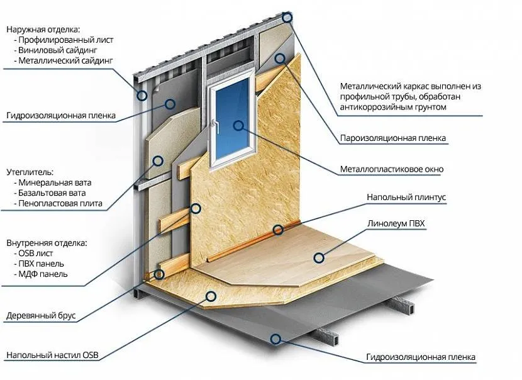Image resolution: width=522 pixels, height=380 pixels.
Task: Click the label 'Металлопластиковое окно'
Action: pyautogui.click(x=391, y=169)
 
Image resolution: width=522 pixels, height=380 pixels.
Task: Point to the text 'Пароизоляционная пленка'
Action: pyautogui.click(x=393, y=138)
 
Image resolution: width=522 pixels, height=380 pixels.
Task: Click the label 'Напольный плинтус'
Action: pyautogui.click(x=406, y=198)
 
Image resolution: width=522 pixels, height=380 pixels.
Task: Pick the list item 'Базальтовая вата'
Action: pyautogui.click(x=52, y=193)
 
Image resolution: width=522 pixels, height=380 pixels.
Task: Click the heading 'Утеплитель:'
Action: pyautogui.click(x=30, y=172)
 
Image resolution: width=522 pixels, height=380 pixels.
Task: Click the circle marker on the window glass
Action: pyautogui.click(x=238, y=125)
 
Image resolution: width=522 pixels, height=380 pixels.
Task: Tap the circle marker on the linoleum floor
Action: pyautogui.click(x=319, y=257)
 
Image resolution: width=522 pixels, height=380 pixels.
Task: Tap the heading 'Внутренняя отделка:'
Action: pyautogui.click(x=47, y=242)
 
